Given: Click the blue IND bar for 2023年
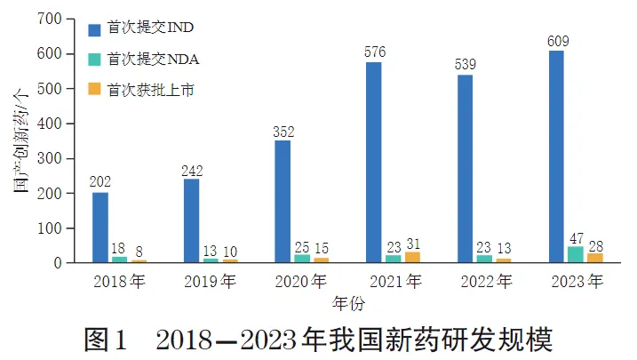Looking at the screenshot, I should (556, 156).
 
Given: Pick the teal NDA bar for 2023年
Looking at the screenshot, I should (576, 254).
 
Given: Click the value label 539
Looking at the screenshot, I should (466, 65).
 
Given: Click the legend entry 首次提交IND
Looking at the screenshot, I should (141, 29).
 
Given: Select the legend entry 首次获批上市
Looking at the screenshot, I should (143, 89).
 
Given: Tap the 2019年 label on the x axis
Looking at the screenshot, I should (211, 283).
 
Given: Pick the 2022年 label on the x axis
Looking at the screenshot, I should (484, 283).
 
